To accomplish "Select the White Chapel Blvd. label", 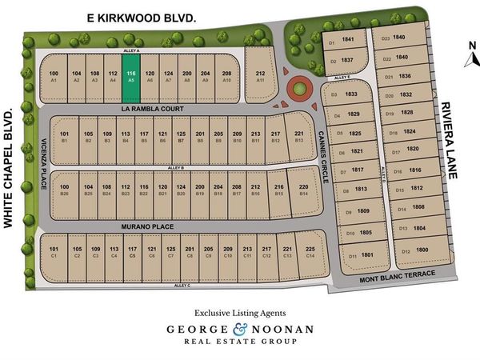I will tap(12, 170).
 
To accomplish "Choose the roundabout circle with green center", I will tap(299, 85).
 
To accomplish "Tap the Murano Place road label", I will tap(142, 228).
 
